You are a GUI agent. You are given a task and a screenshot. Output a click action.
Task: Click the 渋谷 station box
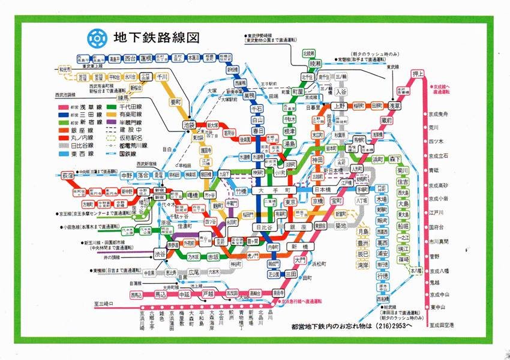point(160,253)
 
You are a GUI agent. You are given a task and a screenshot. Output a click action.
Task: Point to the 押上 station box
point(418,74)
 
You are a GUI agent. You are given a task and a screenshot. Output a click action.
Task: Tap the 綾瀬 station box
point(316,63)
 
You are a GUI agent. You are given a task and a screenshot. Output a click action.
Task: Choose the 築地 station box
point(340,226)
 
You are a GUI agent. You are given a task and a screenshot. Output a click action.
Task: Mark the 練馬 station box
point(124,97)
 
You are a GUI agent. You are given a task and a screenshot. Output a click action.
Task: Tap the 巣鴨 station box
point(248,95)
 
